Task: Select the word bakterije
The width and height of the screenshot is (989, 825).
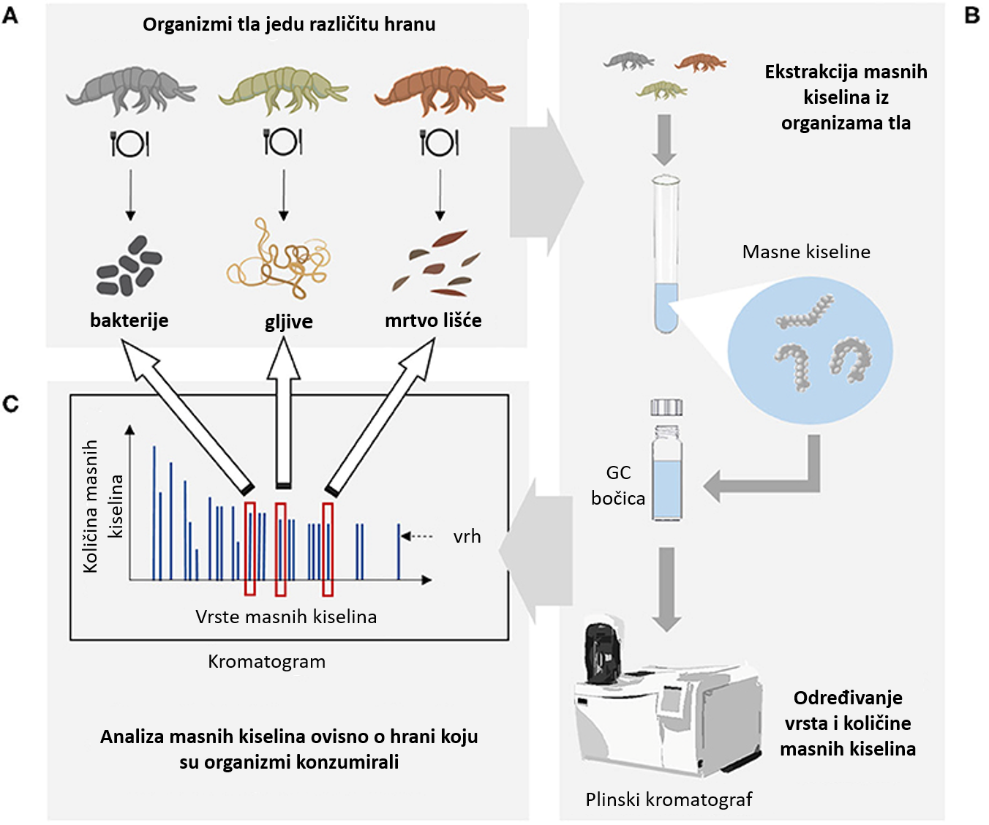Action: [x=129, y=320]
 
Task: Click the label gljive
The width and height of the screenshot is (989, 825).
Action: [x=288, y=322]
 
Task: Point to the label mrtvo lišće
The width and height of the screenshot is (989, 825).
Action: [x=433, y=320]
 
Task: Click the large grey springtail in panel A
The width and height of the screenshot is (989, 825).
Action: [x=131, y=90]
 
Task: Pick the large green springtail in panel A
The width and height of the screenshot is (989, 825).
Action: [x=283, y=90]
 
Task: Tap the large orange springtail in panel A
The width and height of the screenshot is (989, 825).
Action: [x=440, y=90]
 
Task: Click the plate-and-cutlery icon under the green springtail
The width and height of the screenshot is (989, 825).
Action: [x=283, y=142]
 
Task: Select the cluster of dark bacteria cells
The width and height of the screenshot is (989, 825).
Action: [x=129, y=265]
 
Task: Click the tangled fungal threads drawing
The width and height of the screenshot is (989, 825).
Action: [x=279, y=259]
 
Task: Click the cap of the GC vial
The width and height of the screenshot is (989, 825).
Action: [x=666, y=407]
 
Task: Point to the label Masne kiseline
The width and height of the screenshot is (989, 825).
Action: [x=806, y=252]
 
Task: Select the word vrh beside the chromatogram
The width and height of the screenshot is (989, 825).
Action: [x=467, y=537]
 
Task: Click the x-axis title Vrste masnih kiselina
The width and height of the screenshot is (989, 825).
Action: [x=286, y=617]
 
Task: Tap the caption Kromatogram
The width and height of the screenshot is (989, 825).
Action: [x=267, y=662]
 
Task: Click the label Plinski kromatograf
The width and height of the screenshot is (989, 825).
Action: [x=669, y=799]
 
